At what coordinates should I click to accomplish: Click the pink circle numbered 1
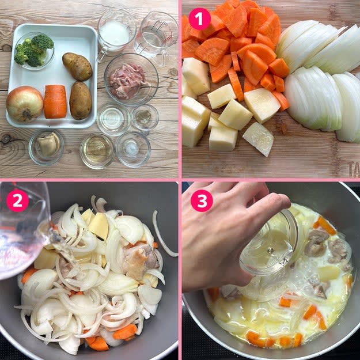199,19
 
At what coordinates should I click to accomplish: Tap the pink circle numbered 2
18,200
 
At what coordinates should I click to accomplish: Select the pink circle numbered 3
202,200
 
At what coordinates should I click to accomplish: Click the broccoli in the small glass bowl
33,50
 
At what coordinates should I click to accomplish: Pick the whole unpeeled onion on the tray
25,104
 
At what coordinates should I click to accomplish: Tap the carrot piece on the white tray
55,101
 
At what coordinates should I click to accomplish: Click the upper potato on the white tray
77,66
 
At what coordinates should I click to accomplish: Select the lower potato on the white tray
81,101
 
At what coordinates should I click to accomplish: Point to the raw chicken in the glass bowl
127,81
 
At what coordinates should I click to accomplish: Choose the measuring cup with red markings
156,36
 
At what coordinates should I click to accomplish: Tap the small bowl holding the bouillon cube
47,147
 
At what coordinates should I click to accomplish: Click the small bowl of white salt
134,149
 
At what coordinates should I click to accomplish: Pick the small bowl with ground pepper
145,118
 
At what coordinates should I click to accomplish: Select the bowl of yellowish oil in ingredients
97,151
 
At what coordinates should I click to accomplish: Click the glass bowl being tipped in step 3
268,245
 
